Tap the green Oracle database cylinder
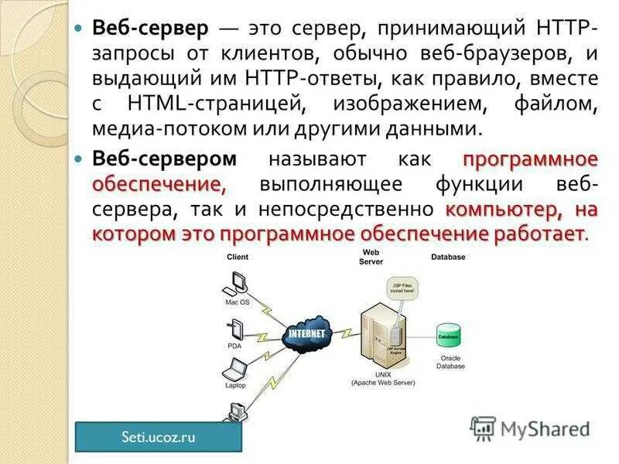point(449,336)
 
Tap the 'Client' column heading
point(238,257)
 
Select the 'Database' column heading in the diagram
point(449,257)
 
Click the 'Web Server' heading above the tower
point(371,257)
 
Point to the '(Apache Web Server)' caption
point(383,383)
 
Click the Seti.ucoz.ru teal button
point(159,437)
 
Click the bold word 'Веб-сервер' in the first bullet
point(150,29)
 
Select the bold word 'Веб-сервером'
point(164,159)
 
